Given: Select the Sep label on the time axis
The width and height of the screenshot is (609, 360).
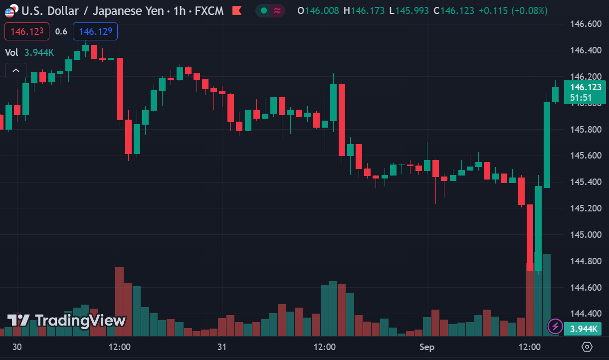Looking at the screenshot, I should [427, 347].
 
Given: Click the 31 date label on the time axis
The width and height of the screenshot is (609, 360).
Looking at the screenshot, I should [222, 347].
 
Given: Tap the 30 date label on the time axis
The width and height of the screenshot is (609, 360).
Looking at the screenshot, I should [17, 347].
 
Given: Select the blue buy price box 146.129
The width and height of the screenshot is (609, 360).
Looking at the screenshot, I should [95, 31].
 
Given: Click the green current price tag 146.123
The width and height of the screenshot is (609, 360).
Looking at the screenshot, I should [585, 87].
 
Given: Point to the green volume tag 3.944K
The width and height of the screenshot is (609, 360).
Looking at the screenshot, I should [583, 329].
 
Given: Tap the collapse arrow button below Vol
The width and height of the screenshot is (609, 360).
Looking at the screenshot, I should [15, 71].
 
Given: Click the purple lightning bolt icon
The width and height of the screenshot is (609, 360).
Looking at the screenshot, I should [555, 327].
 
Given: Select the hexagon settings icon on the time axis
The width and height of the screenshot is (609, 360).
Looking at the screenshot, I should [587, 347].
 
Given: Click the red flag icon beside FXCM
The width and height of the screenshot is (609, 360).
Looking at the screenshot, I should [237, 10].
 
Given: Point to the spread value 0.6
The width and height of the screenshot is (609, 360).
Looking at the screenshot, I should [61, 31].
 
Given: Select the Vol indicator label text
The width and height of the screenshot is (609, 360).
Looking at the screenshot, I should [11, 52].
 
